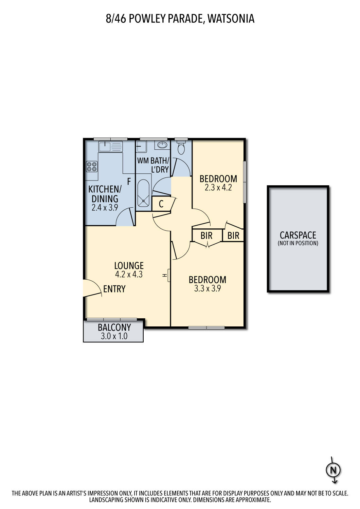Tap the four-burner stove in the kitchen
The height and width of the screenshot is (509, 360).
pyautogui.click(x=92, y=166)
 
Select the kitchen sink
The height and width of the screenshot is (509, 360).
pyautogui.click(x=110, y=146)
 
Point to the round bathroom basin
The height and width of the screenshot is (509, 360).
pyautogui.click(x=162, y=145)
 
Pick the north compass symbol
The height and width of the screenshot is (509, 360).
pyautogui.click(x=334, y=470)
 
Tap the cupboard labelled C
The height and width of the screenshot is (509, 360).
pyautogui.click(x=161, y=204)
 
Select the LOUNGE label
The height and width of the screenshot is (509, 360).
pyautogui.click(x=129, y=265)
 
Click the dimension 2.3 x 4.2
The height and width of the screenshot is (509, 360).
pyautogui.click(x=218, y=188)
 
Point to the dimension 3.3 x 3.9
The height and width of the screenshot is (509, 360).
pyautogui.click(x=208, y=288)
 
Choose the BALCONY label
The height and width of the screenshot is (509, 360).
pyautogui.click(x=114, y=327)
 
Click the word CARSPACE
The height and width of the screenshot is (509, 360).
pyautogui.click(x=298, y=235)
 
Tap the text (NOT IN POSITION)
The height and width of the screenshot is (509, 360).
pyautogui.click(x=298, y=243)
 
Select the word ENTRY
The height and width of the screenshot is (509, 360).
pyautogui.click(x=114, y=289)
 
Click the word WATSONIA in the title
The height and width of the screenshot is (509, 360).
pyautogui.click(x=231, y=19)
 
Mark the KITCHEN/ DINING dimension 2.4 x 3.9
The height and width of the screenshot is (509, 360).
pyautogui.click(x=105, y=207)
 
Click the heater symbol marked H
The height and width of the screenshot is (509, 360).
pyautogui.click(x=167, y=276)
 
